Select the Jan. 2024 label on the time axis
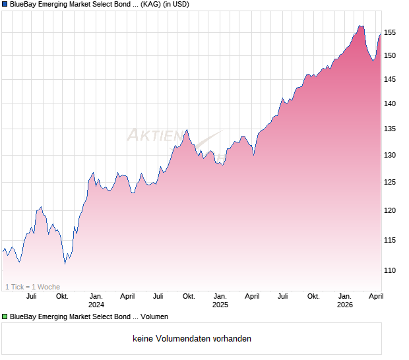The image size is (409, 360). [x=96, y=301]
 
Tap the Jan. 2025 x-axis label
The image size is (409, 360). [x=220, y=301]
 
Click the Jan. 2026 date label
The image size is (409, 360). [x=344, y=301]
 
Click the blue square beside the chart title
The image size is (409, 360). [x=5, y=5]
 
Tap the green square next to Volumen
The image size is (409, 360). [x=5, y=317]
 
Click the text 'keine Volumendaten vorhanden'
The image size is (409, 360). [x=191, y=339]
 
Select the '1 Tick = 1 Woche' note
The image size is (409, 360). [x=32, y=287]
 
